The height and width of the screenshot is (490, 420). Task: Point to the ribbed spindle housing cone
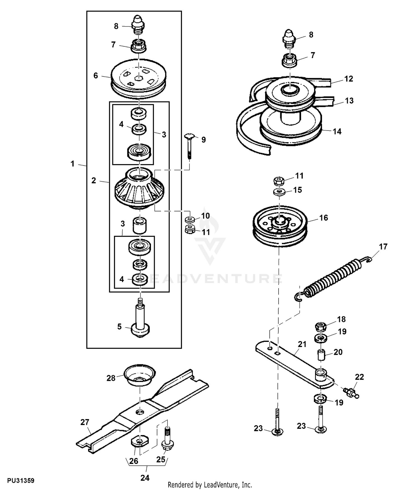[x=139, y=188]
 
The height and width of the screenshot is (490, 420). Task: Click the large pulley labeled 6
[x=139, y=79]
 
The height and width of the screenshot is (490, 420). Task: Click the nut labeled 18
[x=321, y=326]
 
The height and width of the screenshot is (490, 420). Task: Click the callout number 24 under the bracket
[x=145, y=478]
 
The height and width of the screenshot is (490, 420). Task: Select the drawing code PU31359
[x=21, y=480]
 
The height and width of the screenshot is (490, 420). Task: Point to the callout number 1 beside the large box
[x=73, y=164]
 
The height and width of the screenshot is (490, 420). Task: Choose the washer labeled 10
[x=190, y=219]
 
